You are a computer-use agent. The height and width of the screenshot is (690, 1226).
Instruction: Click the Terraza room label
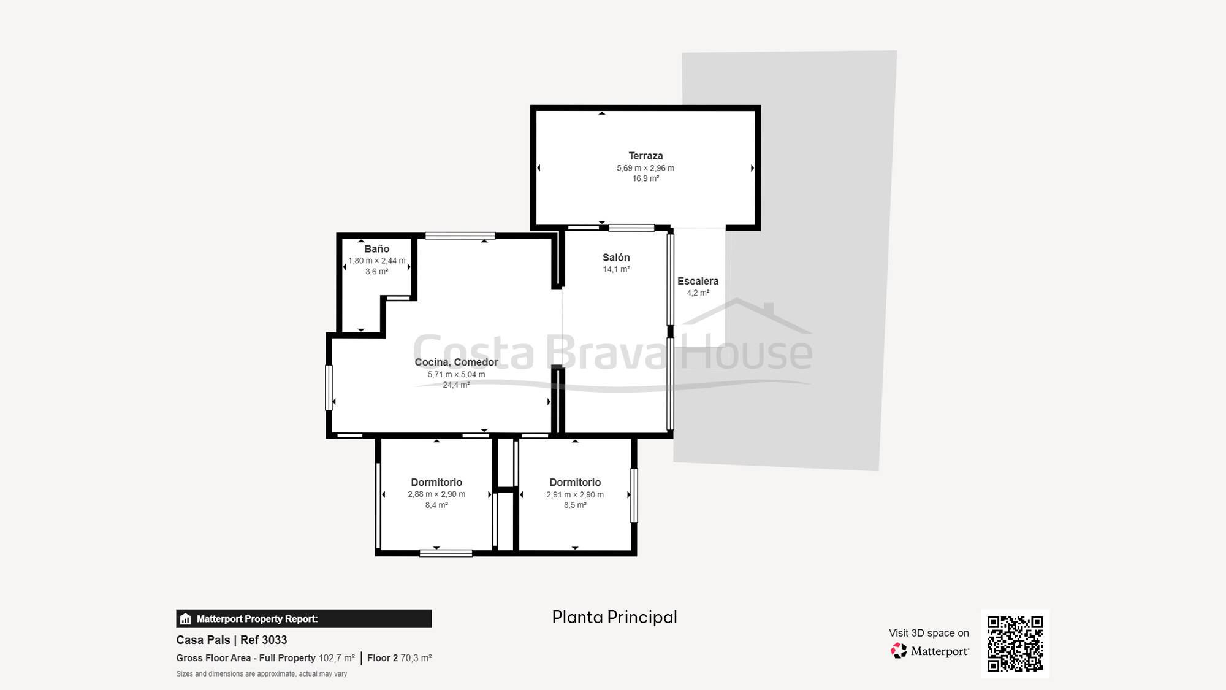point(645,156)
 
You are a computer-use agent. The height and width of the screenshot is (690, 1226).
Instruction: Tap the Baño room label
point(376,248)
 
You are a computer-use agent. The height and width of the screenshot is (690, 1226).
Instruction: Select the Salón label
point(616,258)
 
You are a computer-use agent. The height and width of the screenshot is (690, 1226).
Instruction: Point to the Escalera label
point(698,281)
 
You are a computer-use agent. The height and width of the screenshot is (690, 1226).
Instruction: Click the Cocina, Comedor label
point(456,362)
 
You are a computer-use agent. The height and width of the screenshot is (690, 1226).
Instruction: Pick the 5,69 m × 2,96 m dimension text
point(645,168)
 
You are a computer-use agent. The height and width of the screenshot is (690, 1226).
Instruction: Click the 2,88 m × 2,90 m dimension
point(436,494)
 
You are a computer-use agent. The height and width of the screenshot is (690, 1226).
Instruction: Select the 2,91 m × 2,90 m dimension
point(575,494)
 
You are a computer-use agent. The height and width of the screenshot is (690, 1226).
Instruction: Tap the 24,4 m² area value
point(456,385)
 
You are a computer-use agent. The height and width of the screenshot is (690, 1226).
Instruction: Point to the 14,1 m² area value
point(616,269)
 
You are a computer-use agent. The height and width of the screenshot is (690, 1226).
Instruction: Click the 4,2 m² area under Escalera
point(698,293)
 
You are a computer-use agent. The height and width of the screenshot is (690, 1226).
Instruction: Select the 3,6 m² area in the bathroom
point(376,272)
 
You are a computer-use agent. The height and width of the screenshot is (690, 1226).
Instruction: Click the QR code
point(1015,643)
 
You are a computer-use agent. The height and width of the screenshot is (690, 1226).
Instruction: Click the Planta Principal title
point(614,617)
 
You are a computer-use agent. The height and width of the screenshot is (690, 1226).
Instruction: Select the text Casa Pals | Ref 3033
point(232,640)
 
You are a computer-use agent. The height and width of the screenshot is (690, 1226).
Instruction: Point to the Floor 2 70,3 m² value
point(400,658)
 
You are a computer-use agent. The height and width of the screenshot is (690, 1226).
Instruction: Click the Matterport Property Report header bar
point(303,618)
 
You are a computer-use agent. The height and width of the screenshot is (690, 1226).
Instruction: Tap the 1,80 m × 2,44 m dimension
point(376,261)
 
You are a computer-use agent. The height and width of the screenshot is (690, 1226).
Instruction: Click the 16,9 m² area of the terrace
point(645,178)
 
